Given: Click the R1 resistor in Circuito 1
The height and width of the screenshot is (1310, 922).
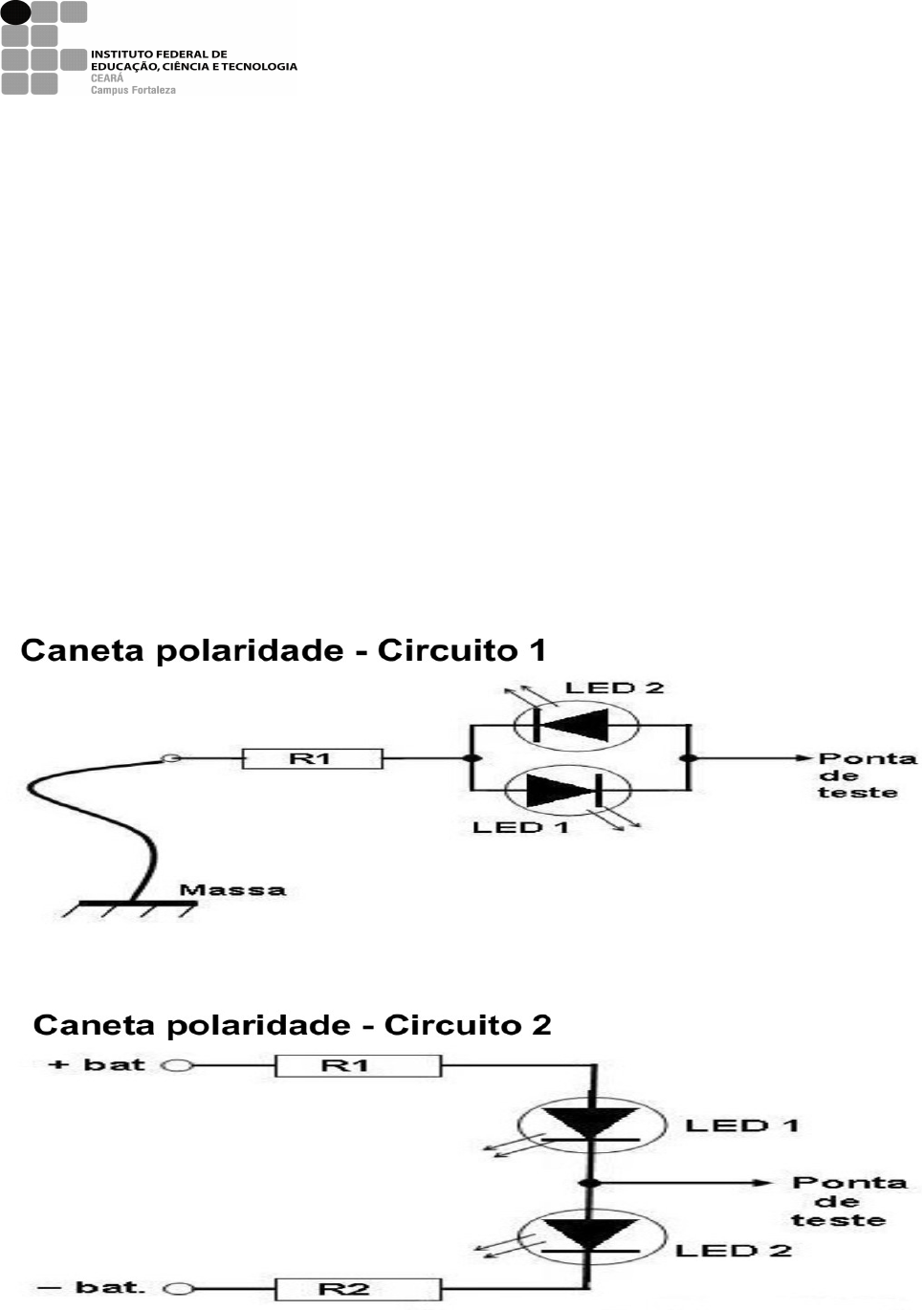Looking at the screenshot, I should click(312, 758).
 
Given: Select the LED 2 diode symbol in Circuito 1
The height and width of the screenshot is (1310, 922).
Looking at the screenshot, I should click(576, 724).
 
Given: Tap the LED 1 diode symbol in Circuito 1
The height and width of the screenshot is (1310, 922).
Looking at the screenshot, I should click(567, 792).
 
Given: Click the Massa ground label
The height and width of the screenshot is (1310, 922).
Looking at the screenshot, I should click(232, 890).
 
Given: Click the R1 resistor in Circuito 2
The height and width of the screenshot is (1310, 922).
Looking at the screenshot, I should click(358, 1065).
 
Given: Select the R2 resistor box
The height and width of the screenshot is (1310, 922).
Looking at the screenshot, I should click(358, 1288).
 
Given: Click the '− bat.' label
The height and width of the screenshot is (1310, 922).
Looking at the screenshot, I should click(92, 1287).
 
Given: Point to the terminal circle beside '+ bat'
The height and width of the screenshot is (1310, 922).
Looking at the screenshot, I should click(178, 1065).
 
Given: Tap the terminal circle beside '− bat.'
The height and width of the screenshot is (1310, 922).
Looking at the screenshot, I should click(179, 1288).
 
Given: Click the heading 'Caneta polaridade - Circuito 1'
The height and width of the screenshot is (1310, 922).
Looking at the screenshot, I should click(283, 650).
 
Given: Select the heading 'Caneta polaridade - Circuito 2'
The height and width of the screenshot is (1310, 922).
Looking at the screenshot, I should click(292, 1025).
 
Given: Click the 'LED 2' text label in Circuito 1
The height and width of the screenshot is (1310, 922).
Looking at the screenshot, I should click(614, 688).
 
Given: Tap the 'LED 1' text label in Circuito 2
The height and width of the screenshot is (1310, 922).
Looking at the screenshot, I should click(741, 1125).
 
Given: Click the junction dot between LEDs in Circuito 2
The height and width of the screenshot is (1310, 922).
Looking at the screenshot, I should click(592, 1183).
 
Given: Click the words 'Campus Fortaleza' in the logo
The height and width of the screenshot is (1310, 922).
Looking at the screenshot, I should click(133, 90).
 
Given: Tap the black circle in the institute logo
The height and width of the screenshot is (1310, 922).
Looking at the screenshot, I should click(15, 12).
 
